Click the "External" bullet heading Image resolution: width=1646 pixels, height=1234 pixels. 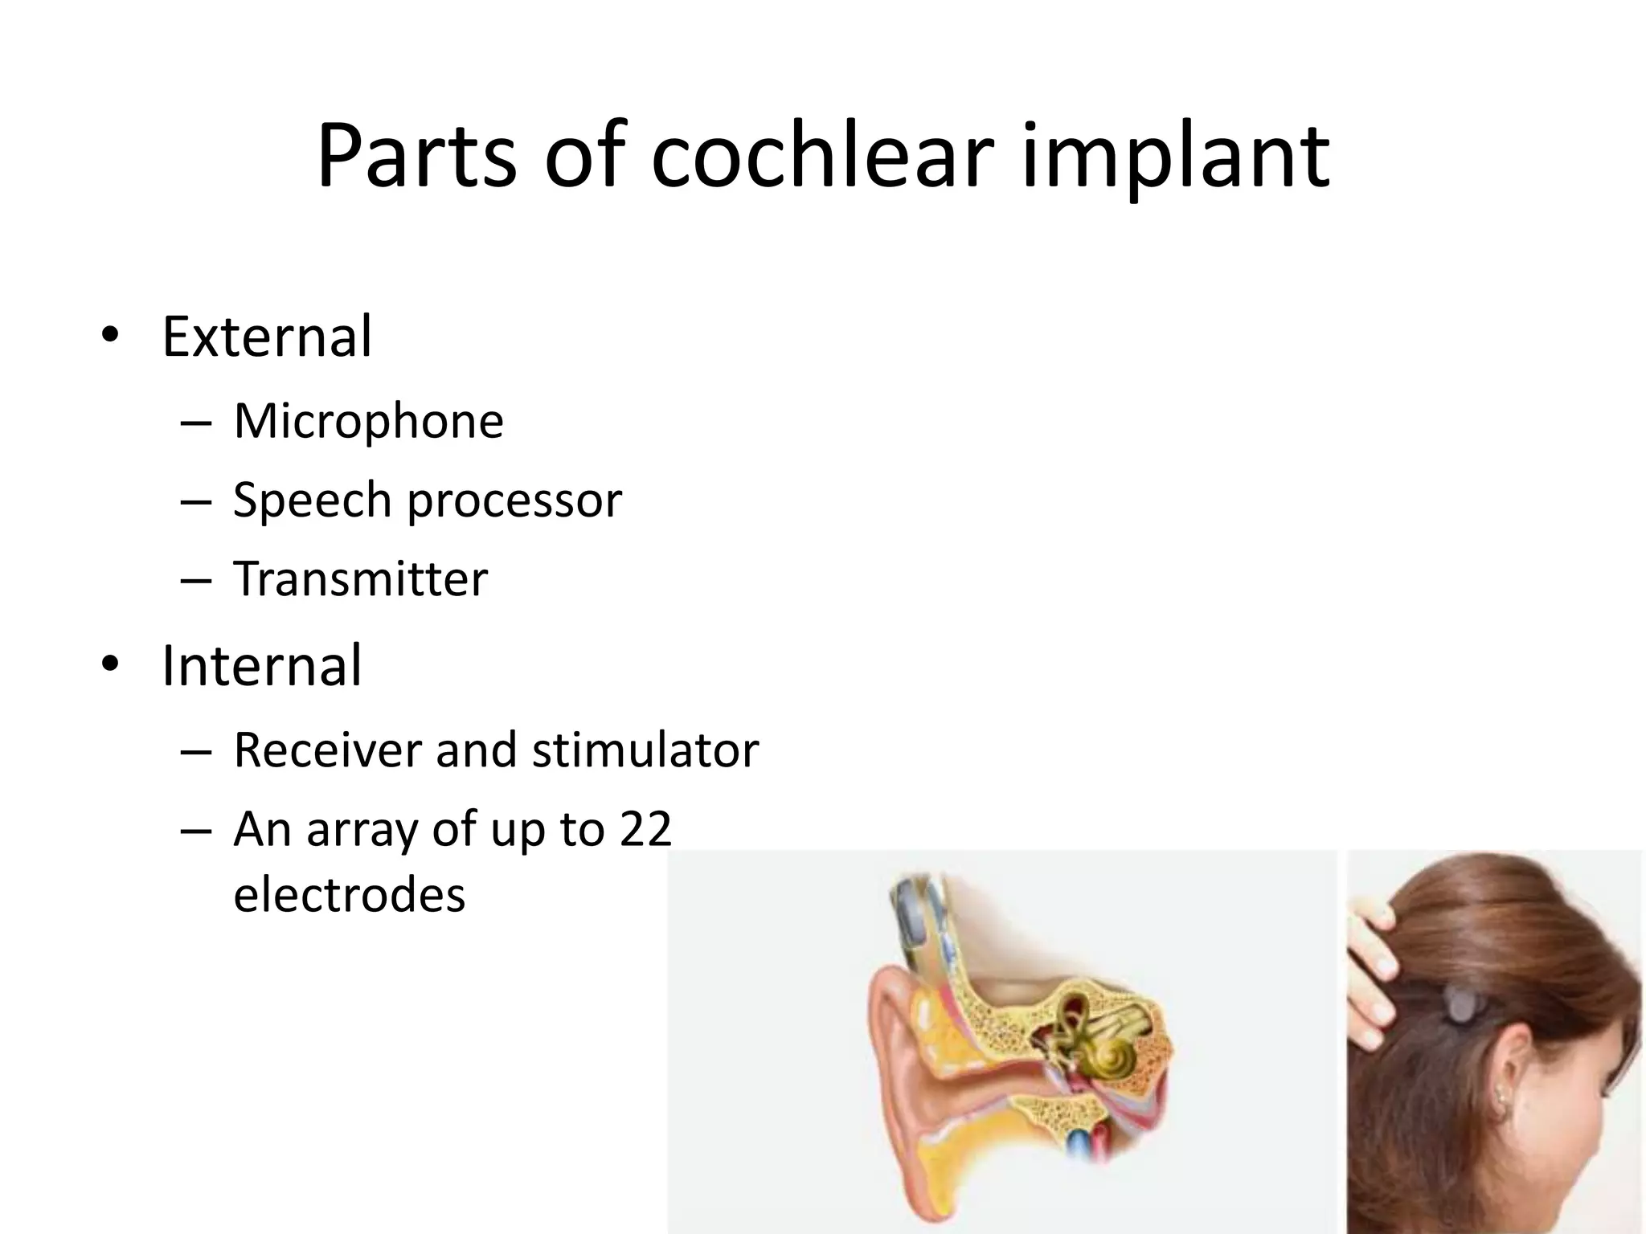click(x=267, y=337)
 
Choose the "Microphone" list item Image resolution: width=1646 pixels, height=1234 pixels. click(x=368, y=421)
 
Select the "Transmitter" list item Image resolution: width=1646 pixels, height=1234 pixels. click(x=360, y=578)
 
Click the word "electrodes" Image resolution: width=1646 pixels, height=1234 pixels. click(x=349, y=895)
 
